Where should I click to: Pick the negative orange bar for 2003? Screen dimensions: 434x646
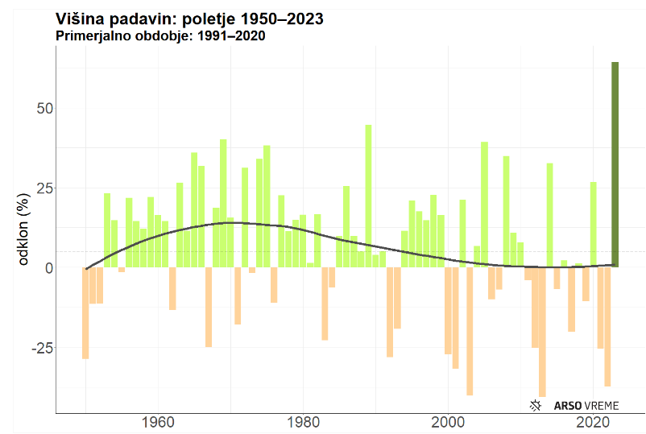tap(470, 331)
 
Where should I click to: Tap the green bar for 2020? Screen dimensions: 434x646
tap(593, 225)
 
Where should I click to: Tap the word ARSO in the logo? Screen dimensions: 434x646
tap(565, 405)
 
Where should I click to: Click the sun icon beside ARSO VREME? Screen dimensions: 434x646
tap(535, 405)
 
